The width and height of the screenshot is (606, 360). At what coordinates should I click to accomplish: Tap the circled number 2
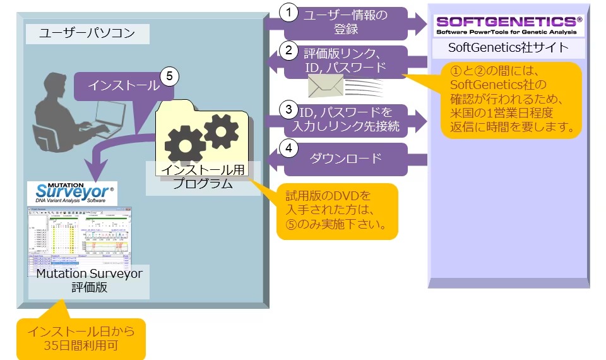[288, 49]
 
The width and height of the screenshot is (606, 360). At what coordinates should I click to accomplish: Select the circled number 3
[288, 110]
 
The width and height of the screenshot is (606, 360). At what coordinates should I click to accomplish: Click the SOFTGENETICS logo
[509, 24]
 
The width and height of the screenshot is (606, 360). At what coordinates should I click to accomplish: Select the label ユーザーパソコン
[87, 33]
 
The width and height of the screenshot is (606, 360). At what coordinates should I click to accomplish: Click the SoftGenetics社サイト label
[508, 48]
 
